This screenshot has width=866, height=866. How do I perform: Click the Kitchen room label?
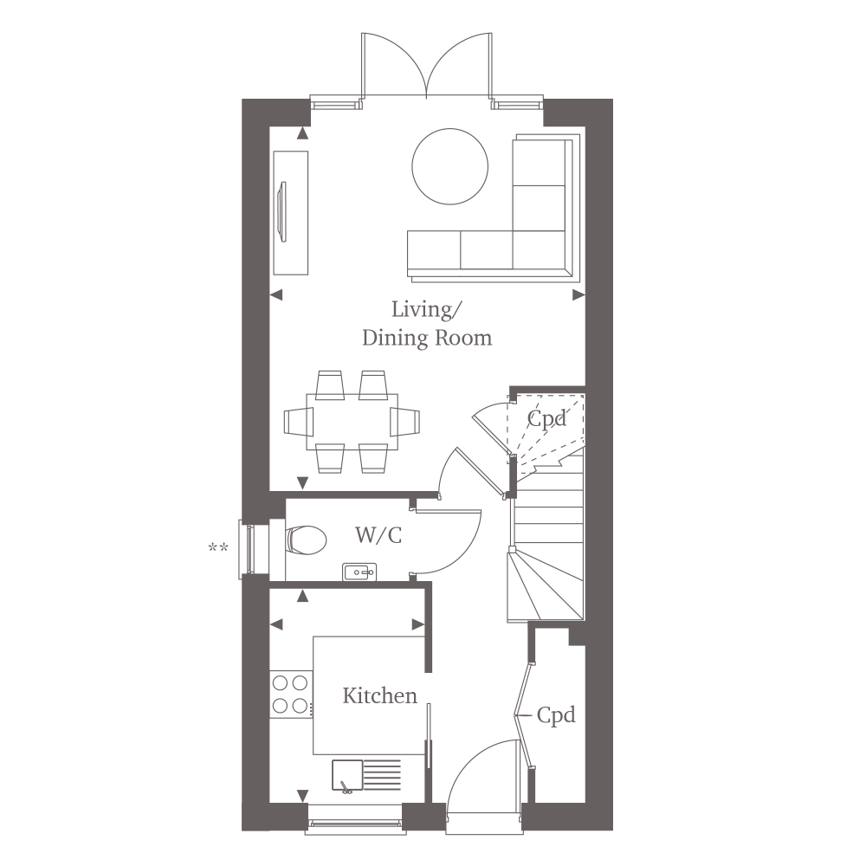pos(379,696)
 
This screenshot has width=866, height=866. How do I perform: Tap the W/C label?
pos(378,535)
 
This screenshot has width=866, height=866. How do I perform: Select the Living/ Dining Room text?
pos(426,324)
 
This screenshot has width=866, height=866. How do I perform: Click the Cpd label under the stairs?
pos(546,418)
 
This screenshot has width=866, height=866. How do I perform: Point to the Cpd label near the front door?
pos(556,714)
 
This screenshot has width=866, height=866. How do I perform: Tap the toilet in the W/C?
pos(306,540)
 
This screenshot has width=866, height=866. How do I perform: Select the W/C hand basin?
pos(359,572)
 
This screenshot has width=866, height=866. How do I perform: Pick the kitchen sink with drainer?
pos(366,776)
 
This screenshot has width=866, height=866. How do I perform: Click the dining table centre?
pos(352,423)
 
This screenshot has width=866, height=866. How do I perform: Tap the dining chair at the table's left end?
pos(299,423)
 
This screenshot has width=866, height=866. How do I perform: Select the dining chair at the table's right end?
pos(404,423)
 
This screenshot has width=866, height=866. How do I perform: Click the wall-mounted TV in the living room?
pos(283,212)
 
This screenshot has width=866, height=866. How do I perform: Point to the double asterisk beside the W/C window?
pos(218,548)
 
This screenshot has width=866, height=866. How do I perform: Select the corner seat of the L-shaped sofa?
pos(539,250)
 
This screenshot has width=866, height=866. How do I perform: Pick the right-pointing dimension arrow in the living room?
pos(578,295)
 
